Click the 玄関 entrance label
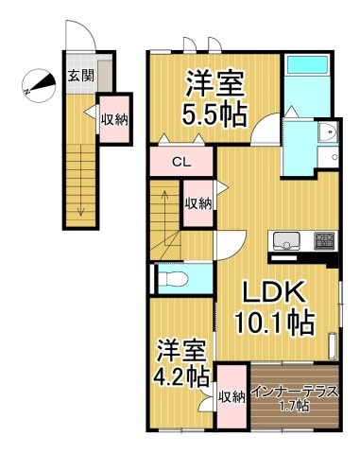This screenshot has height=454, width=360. (81, 76)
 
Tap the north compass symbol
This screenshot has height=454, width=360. (39, 85)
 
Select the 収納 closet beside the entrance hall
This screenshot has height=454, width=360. (114, 119)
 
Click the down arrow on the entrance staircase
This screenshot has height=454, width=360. (81, 197)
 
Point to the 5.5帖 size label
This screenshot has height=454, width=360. (214, 115)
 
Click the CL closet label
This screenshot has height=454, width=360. (182, 163)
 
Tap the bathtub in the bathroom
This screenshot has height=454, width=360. (307, 65)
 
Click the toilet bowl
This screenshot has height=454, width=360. (172, 279)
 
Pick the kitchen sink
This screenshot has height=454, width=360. (286, 241)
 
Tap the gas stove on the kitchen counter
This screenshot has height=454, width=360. (324, 241)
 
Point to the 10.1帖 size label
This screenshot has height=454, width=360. (274, 323)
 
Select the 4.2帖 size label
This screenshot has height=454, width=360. (180, 377)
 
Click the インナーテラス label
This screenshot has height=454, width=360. (295, 393)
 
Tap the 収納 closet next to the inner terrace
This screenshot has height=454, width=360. (232, 396)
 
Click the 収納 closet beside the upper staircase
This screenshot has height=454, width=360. (197, 203)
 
